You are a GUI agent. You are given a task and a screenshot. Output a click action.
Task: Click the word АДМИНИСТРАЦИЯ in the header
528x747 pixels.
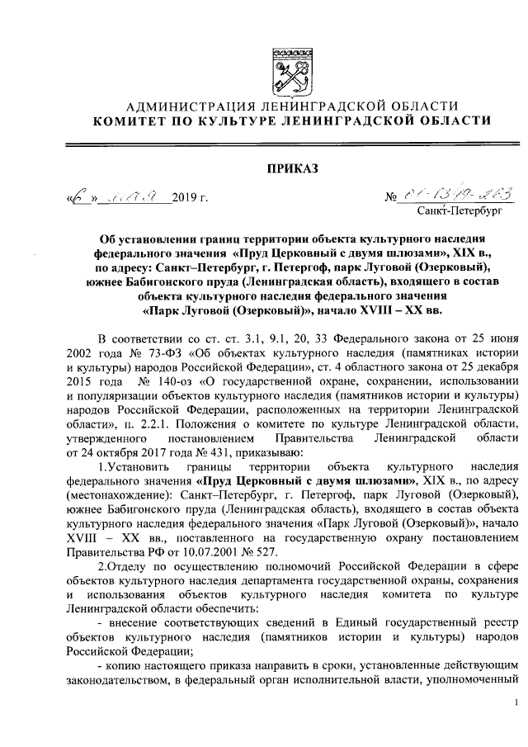click(180, 105)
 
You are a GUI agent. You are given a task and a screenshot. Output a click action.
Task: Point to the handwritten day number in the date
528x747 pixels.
click(79, 195)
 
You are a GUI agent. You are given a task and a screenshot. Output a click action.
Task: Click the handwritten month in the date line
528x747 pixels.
click(137, 196)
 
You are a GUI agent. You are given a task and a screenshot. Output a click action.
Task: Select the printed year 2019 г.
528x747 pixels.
click(191, 197)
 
